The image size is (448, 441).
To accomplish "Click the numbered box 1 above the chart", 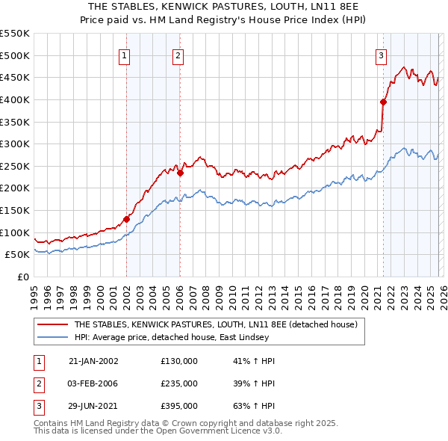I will click(124, 55).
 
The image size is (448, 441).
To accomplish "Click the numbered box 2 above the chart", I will click(178, 55).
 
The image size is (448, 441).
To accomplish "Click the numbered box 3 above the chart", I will click(381, 55).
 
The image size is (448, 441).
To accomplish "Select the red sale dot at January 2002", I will click(126, 219).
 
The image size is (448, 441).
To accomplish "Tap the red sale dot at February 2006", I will click(180, 173).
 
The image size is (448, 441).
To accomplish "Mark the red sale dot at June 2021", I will click(383, 102).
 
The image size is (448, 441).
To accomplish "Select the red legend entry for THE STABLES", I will click(216, 324).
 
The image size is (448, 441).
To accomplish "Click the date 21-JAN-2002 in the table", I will click(93, 361).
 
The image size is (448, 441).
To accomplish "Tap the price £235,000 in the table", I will click(179, 383).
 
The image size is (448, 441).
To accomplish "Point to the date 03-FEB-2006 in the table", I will click(93, 383).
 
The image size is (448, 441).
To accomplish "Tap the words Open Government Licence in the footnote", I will click(216, 431).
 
